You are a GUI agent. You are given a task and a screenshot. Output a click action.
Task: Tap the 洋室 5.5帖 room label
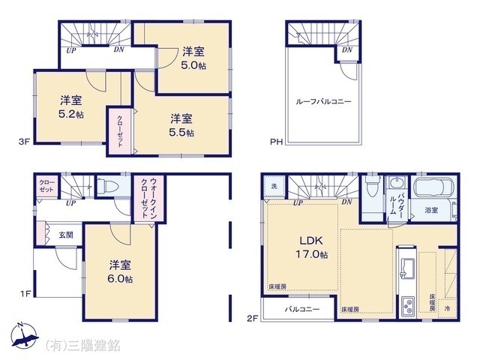181,124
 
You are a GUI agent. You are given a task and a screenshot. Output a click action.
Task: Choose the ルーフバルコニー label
324,100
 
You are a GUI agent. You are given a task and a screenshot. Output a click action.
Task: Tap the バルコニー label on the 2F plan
301,309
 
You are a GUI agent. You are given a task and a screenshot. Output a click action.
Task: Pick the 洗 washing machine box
274,185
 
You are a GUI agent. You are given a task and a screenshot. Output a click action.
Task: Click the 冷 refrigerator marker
448,308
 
